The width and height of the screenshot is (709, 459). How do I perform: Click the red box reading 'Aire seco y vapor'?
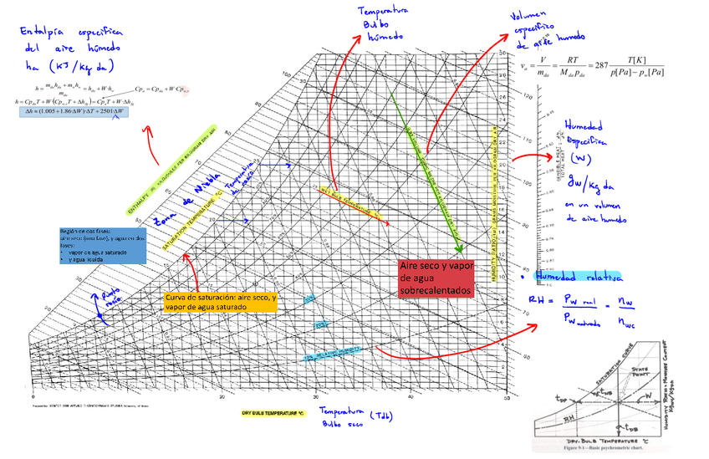[x=436, y=278]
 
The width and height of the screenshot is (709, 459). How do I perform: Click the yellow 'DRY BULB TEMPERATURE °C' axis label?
[x=275, y=413]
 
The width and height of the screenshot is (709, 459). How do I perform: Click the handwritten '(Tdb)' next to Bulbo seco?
[x=380, y=416]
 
